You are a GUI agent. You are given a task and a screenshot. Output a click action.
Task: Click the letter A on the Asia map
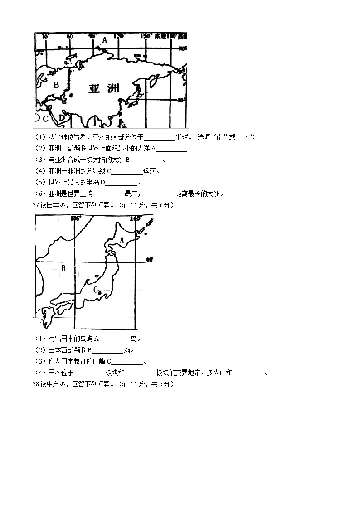point(105,40)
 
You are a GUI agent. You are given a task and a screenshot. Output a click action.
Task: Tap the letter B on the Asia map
point(56,84)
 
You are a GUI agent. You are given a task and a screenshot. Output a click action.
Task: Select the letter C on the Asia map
point(45,119)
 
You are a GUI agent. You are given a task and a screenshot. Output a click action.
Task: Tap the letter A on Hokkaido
point(122,240)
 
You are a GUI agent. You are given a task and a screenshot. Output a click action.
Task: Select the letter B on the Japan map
point(63,268)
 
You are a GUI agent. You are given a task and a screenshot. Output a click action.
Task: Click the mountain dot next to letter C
point(99,292)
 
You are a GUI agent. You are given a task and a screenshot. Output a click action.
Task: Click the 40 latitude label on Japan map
point(149,260)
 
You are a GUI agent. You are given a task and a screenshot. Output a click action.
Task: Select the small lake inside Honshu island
point(96,275)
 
